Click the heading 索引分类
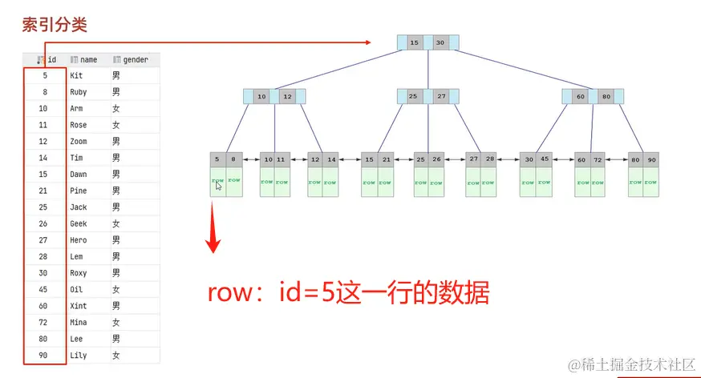click(x=54, y=24)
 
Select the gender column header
click(x=135, y=59)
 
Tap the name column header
click(x=87, y=59)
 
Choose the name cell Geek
click(x=79, y=223)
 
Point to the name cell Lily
click(x=79, y=355)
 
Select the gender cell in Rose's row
click(x=116, y=125)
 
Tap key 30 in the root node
click(x=440, y=42)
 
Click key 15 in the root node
click(x=414, y=42)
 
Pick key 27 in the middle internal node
click(x=441, y=97)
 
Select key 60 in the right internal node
click(x=580, y=97)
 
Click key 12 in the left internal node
click(x=287, y=97)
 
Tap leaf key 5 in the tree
click(x=217, y=159)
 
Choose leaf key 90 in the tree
click(x=651, y=159)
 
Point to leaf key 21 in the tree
click(x=386, y=159)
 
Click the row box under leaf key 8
click(x=233, y=182)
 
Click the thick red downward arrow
click(x=213, y=228)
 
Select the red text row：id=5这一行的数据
click(x=348, y=292)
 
